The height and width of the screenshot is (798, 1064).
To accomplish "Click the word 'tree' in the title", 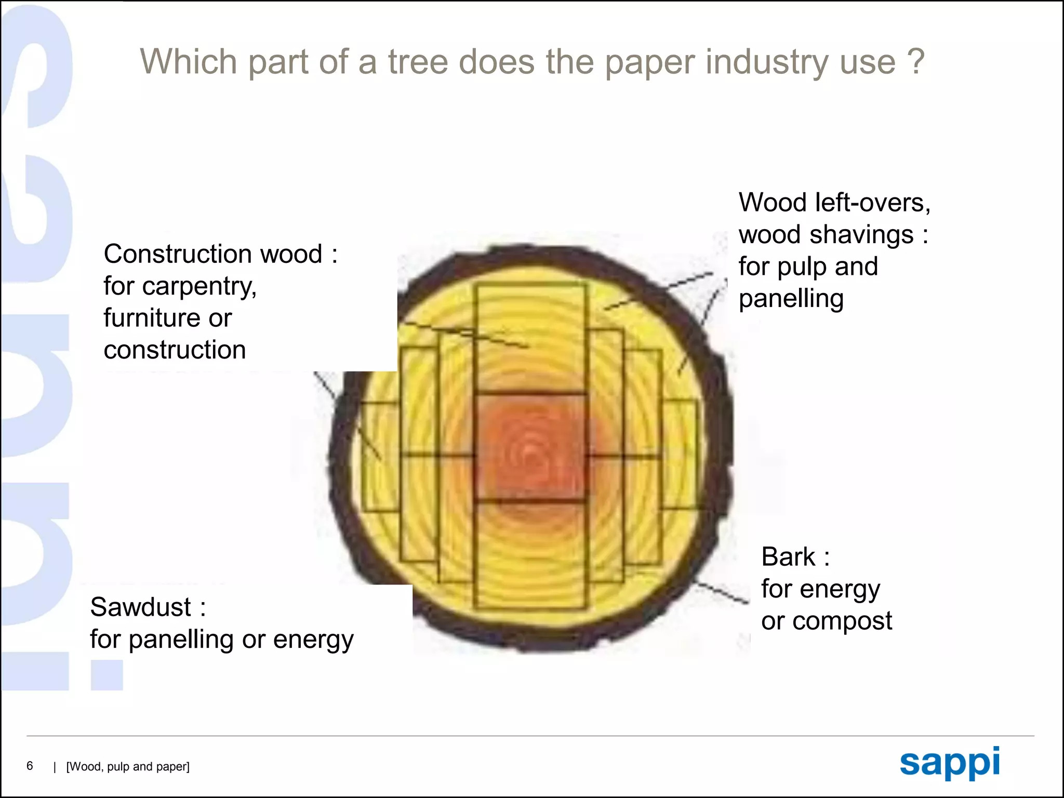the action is click(x=418, y=62).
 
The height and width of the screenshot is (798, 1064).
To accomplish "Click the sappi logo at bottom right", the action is click(x=950, y=763).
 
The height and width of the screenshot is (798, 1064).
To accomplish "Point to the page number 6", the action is click(x=30, y=766).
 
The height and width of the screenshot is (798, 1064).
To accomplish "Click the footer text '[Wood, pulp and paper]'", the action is click(x=128, y=767).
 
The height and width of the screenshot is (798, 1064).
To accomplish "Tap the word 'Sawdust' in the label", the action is click(x=141, y=607).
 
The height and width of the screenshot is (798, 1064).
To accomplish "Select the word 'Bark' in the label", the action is click(x=788, y=557).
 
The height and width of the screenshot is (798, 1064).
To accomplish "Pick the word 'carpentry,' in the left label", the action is click(x=199, y=287).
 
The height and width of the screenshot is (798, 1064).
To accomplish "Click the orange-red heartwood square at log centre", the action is click(x=530, y=447).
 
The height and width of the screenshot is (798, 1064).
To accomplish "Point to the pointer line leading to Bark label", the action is click(x=722, y=592).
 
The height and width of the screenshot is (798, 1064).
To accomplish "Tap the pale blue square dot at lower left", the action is click(x=107, y=675).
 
